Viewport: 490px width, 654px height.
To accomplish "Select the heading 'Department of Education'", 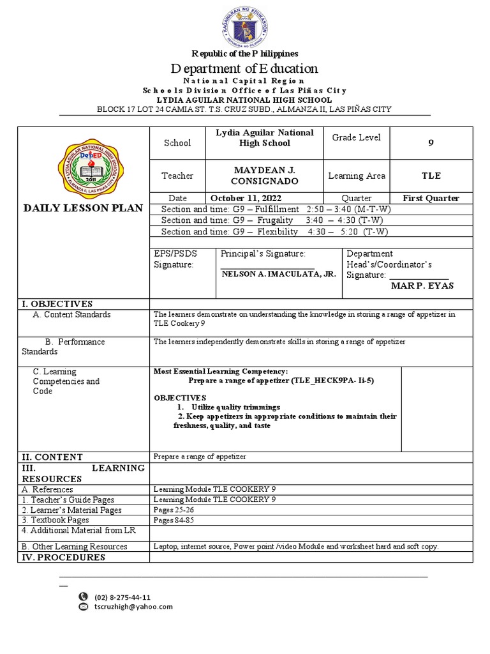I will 244,68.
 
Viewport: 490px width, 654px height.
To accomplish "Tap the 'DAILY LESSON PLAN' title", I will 83,207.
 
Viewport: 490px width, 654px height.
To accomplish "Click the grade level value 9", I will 431,143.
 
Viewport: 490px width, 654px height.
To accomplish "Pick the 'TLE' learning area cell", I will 431,176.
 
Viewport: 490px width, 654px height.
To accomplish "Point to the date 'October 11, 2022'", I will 246,198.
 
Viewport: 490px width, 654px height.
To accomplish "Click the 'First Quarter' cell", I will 431,198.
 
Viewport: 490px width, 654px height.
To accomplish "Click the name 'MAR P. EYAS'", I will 422,285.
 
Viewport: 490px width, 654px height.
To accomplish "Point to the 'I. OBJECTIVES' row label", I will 57,303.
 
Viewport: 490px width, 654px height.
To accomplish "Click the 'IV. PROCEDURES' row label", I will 64,558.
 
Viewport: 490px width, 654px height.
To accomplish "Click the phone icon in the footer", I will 83,597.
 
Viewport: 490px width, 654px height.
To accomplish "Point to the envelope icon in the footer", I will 83,607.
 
